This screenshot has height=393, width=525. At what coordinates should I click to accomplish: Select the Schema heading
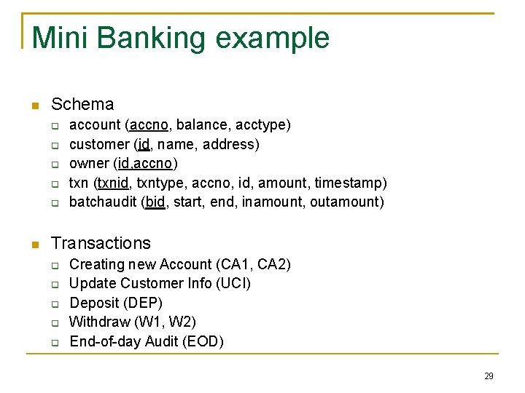coord(82,105)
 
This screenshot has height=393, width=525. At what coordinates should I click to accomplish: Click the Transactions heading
coord(101,243)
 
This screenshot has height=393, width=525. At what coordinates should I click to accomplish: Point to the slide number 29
coord(489,376)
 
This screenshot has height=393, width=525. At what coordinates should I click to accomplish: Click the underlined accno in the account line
coord(154,125)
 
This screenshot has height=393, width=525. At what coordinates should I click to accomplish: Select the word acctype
coord(265,125)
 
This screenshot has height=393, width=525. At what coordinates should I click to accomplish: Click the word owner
coord(89,163)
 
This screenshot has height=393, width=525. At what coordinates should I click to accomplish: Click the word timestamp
coord(352,182)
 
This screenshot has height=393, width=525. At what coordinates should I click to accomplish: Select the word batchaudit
coord(102,202)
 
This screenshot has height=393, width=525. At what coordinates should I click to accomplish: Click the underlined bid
coord(155,202)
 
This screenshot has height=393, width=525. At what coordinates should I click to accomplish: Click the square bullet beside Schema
coord(34,106)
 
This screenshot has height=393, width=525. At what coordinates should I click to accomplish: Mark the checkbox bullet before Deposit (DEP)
coord(54,303)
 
